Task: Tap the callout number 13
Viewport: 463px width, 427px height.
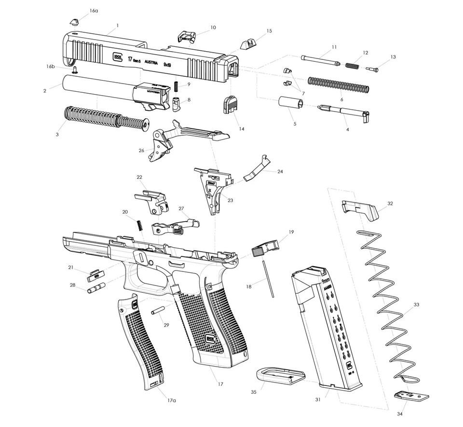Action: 393,57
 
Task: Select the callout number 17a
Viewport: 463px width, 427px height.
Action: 172,400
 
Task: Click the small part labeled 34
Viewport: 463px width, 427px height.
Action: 410,397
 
